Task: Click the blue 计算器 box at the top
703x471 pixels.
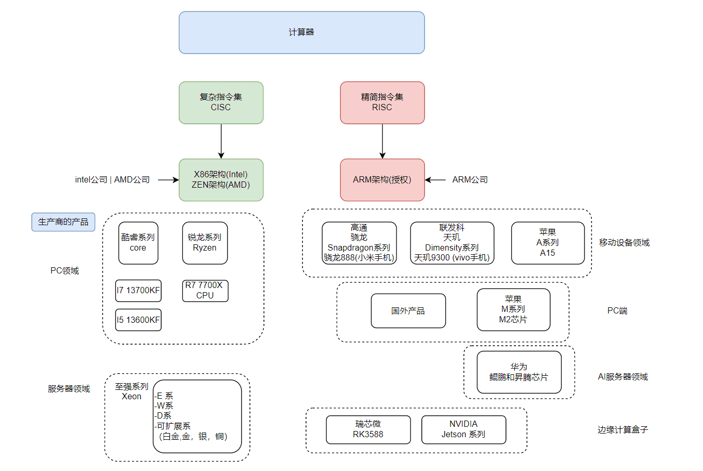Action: point(301,32)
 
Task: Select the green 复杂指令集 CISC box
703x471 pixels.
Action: point(221,102)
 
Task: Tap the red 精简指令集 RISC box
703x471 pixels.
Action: point(382,102)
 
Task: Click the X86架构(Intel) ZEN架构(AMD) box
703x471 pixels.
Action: point(221,180)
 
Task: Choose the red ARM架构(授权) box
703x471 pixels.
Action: point(382,180)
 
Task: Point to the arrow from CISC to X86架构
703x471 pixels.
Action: point(221,141)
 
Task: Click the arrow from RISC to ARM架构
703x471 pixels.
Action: point(382,141)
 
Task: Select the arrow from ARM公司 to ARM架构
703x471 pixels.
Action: point(435,180)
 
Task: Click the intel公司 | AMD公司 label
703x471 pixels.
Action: point(112,180)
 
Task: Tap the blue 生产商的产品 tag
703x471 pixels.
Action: point(63,222)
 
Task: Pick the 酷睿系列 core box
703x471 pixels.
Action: point(138,243)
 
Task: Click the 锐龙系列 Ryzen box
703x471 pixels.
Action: point(205,243)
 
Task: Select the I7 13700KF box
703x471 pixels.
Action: point(138,291)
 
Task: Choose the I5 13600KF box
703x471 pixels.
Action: point(138,320)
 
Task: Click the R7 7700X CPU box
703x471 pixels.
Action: point(205,291)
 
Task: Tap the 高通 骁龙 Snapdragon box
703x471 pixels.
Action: point(359,243)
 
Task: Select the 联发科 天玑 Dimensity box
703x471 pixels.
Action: point(452,243)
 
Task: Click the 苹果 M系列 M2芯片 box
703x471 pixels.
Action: point(513,310)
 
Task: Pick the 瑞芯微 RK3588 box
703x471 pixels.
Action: point(368,429)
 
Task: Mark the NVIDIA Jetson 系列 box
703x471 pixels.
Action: point(463,429)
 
